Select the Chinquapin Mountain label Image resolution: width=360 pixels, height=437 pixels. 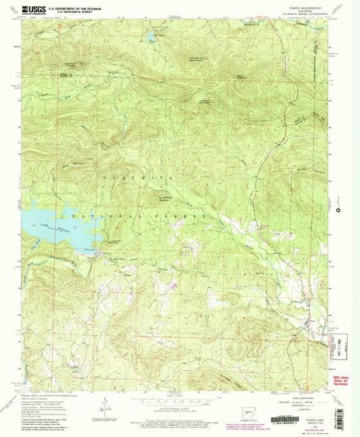[195, 60]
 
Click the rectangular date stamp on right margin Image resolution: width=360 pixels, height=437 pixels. [341, 336]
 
